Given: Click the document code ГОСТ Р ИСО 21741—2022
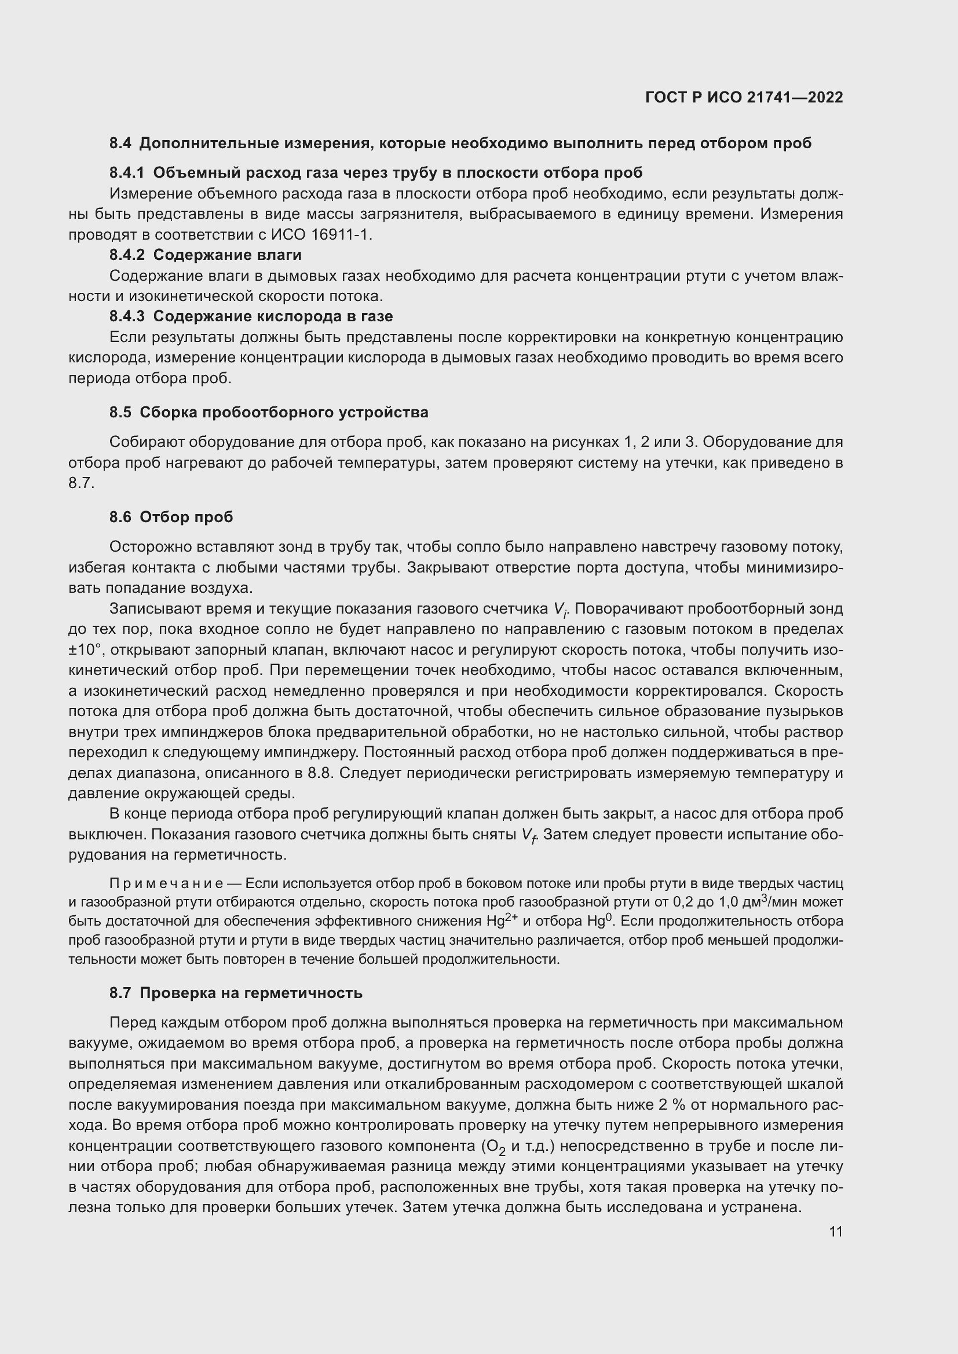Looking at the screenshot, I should [744, 97].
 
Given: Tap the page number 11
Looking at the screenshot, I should [835, 1231].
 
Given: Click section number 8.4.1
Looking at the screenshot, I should [126, 173].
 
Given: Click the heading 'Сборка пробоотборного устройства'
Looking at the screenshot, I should [284, 412].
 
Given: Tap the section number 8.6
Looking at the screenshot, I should [120, 517].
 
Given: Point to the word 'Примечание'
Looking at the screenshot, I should [166, 883].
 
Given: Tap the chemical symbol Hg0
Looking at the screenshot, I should [601, 920].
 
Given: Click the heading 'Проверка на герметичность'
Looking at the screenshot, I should [251, 993].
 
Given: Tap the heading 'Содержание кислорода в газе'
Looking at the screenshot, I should [273, 317].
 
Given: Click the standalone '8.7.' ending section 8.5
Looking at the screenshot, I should [82, 483].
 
